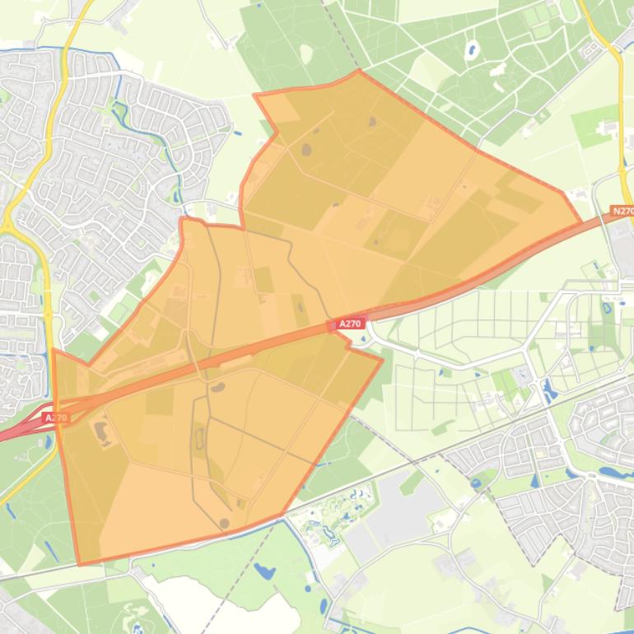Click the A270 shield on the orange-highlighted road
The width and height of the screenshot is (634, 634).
coord(350,324)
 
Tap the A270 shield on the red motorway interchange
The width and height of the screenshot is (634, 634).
coord(56,417)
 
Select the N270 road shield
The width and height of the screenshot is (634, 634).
coord(622,212)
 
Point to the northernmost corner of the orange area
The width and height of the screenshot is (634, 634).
coord(358,71)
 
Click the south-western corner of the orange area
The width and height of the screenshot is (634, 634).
coord(80,564)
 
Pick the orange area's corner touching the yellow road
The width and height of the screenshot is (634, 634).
coord(54,350)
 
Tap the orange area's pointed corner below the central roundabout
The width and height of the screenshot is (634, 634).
coord(382,358)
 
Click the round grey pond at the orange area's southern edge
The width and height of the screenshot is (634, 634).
coord(224,523)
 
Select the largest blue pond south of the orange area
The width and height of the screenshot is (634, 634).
coord(263,570)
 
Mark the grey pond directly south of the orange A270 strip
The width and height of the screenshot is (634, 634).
coord(217,386)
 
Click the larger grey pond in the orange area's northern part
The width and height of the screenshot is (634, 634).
coord(308,151)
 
